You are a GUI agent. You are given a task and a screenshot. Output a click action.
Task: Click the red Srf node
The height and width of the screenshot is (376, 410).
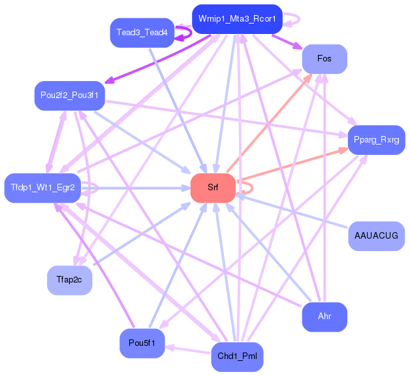[x=213, y=188]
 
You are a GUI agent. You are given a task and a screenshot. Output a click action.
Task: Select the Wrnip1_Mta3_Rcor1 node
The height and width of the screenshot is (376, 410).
[x=237, y=19]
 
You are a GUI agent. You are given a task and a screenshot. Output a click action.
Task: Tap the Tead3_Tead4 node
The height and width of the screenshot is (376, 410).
[x=142, y=33]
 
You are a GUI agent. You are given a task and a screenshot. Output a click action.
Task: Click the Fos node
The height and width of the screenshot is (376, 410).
[x=324, y=59]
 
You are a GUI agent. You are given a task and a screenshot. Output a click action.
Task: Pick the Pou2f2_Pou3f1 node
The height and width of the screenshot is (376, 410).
[x=70, y=95]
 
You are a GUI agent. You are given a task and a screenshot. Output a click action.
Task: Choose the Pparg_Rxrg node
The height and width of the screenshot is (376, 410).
[x=377, y=140]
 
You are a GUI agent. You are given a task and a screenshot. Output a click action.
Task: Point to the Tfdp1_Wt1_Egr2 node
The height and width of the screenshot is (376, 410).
[x=42, y=188]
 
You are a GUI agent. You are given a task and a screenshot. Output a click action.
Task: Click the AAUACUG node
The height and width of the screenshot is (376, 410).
[x=377, y=236]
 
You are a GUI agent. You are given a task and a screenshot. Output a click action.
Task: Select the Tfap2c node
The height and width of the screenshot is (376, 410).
[x=70, y=281]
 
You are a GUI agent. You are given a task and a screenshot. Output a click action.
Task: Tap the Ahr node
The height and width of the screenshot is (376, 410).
[x=324, y=317]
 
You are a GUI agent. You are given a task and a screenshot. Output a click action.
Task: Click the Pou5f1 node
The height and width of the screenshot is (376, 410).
[x=142, y=343]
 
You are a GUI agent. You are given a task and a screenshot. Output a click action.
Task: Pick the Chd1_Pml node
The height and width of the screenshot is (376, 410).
[x=237, y=357]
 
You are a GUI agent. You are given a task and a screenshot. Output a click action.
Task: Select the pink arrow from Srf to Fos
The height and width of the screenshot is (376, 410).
[x=270, y=123]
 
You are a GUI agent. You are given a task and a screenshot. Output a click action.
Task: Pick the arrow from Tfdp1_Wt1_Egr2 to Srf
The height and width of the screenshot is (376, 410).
[x=136, y=188]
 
